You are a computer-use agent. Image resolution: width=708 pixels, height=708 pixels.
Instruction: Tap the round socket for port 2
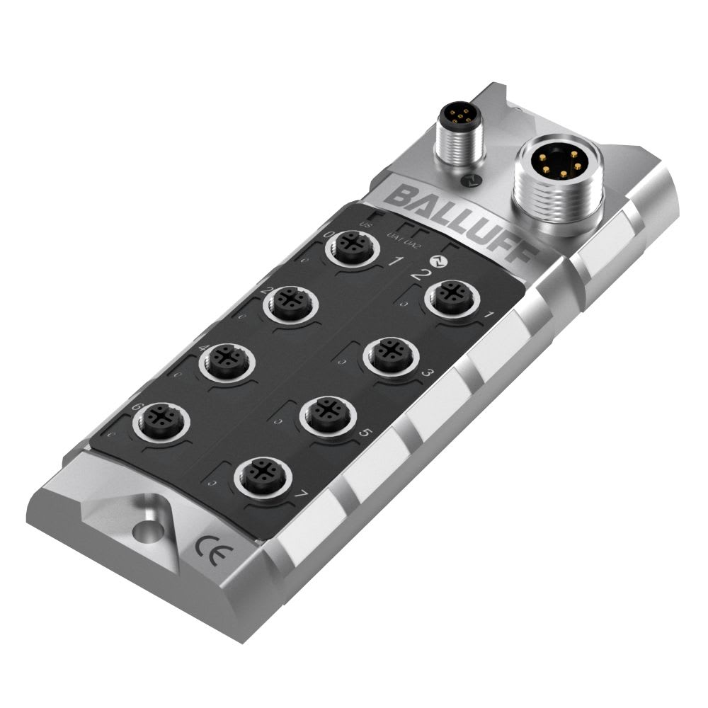[x=290, y=304]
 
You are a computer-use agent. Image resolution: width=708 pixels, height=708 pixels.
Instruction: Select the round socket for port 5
[x=326, y=411]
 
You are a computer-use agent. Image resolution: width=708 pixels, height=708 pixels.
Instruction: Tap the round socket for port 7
[x=260, y=472]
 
